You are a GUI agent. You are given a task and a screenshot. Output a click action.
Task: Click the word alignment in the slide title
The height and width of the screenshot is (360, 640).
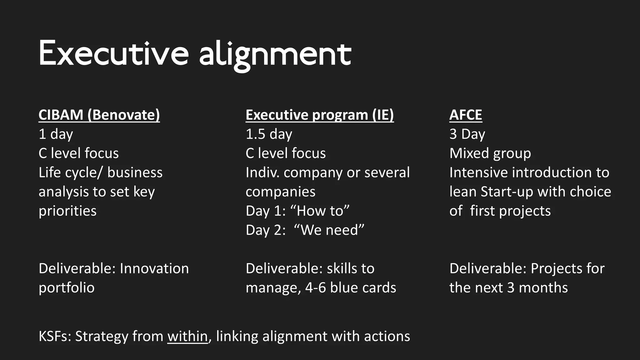(x=275, y=55)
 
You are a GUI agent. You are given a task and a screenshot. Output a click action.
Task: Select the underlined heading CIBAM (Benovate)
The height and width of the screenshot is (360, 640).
(x=99, y=115)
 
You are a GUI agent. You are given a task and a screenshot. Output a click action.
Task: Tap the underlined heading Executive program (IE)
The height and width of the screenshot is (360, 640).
(x=320, y=115)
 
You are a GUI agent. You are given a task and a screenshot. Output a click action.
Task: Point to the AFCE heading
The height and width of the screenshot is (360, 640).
(x=466, y=115)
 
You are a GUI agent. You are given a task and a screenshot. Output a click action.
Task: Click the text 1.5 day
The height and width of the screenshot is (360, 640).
(x=269, y=134)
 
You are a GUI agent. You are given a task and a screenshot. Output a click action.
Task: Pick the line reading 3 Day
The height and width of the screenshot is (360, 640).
(x=467, y=134)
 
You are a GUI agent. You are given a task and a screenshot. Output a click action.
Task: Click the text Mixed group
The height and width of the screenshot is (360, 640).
(x=490, y=153)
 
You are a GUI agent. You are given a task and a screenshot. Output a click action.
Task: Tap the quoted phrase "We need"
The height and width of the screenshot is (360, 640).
(x=332, y=230)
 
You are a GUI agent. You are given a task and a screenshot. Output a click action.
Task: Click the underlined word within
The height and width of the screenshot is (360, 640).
(x=187, y=336)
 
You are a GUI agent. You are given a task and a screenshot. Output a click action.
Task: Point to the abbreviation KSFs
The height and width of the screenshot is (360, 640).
(x=55, y=336)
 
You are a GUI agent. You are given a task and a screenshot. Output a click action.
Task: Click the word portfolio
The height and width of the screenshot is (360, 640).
(x=67, y=288)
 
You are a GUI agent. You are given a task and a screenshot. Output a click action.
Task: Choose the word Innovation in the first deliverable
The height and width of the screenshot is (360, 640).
(x=154, y=268)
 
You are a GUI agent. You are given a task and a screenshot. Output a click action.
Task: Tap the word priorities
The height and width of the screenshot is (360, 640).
(x=67, y=211)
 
